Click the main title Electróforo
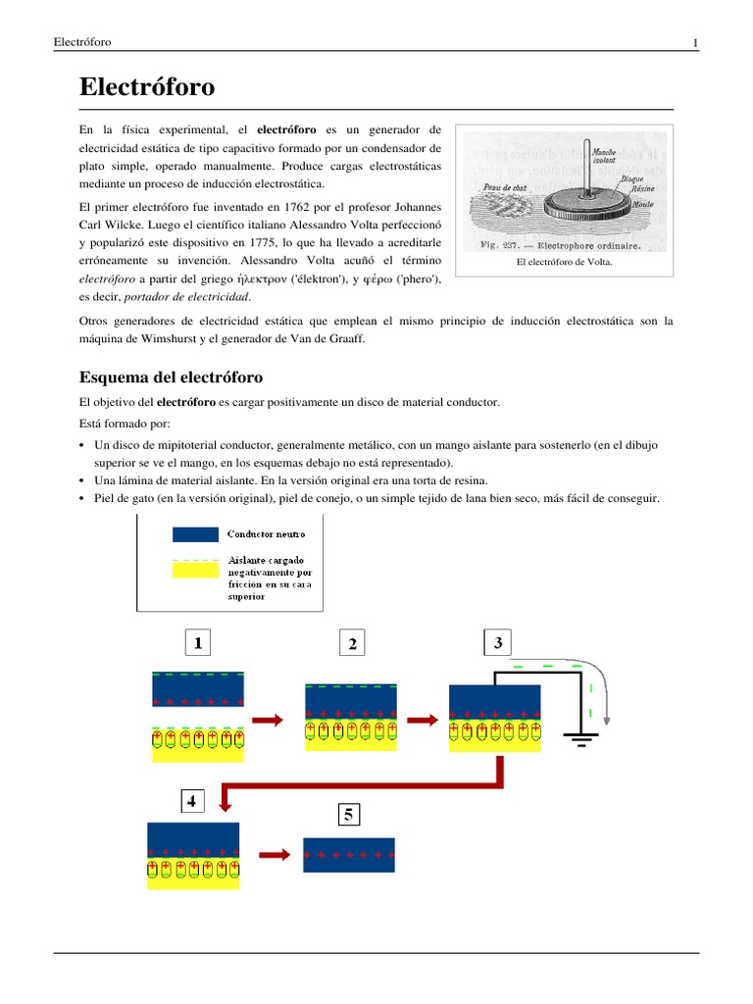[147, 88]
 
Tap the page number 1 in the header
[695, 42]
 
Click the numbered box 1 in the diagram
[198, 643]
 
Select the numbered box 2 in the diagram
[352, 643]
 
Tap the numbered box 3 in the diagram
[498, 643]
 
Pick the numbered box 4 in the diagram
[191, 801]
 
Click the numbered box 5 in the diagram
[348, 814]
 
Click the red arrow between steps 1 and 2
[268, 720]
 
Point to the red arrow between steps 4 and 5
[276, 855]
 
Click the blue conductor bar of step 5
[349, 855]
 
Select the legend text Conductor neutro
[266, 535]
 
